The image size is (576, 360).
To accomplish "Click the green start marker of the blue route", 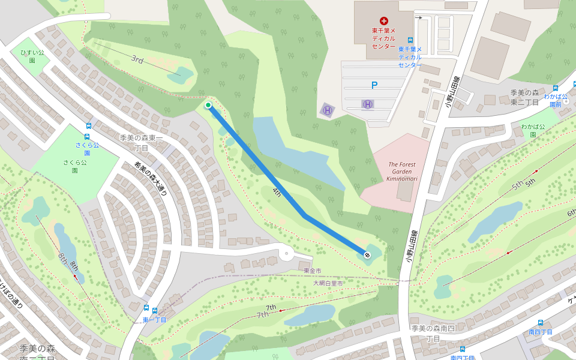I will [208, 106].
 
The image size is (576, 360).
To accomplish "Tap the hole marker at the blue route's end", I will [367, 255].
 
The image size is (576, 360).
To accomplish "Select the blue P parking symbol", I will [374, 86].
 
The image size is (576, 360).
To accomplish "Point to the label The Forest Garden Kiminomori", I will [402, 172].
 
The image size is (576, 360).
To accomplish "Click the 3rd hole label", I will [137, 59].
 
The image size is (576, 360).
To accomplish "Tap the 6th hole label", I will [571, 212].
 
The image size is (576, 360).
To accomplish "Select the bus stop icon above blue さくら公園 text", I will [89, 127].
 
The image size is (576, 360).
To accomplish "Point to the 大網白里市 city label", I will [328, 283].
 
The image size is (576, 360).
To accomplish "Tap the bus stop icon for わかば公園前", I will [556, 86].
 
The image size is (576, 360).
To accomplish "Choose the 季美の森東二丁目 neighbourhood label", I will [526, 97].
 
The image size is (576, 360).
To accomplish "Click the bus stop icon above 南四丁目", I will [541, 322].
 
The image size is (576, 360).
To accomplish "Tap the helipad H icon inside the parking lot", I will [368, 104].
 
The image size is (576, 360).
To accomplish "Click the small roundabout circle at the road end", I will [287, 254].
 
